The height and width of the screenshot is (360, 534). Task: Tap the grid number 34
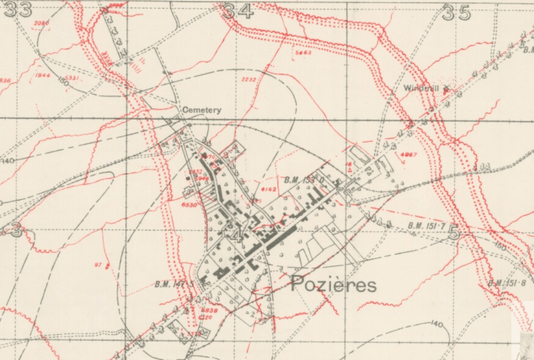(x=237, y=10)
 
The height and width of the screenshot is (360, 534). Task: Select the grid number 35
(x=456, y=12)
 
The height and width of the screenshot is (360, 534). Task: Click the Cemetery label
(x=202, y=110)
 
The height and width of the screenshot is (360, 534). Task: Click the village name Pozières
(x=333, y=284)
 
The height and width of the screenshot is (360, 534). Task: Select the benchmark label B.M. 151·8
(x=507, y=283)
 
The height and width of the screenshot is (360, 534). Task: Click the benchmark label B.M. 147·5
(x=173, y=284)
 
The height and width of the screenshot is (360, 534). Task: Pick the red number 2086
(x=42, y=23)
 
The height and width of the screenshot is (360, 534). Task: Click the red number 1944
(x=42, y=75)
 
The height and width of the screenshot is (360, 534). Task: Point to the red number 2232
(x=249, y=79)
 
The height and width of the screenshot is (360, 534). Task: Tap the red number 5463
(x=303, y=52)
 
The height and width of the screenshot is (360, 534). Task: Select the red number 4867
(x=409, y=154)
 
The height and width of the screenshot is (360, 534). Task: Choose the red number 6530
(x=189, y=205)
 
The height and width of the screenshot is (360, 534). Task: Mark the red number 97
(x=98, y=264)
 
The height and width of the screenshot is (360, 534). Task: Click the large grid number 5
(x=454, y=234)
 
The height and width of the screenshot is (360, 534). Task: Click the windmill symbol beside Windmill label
(x=446, y=88)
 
